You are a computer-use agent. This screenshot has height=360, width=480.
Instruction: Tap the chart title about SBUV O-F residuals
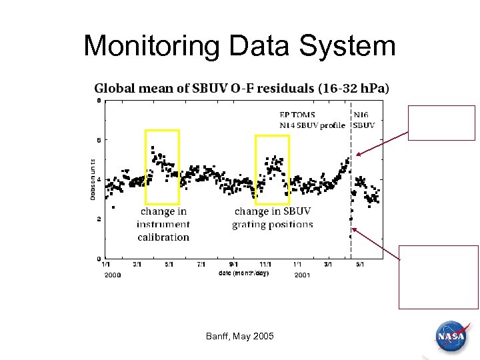tap(242, 88)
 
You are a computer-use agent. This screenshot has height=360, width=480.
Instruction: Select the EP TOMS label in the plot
tap(297, 115)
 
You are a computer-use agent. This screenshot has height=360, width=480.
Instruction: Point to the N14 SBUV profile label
tap(312, 125)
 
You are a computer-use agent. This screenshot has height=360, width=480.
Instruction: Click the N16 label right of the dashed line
tap(361, 115)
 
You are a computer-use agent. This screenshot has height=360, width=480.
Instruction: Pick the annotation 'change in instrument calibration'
tap(163, 224)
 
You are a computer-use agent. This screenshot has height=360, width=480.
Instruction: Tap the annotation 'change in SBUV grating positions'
tap(272, 218)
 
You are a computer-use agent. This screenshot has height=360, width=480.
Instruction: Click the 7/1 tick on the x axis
tap(201, 265)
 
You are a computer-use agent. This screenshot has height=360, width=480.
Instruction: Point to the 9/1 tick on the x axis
tap(233, 265)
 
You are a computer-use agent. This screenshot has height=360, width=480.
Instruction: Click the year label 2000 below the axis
tap(111, 275)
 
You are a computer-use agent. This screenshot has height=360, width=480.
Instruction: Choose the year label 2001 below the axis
tap(302, 275)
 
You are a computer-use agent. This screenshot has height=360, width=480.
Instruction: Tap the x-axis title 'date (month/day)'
tap(243, 273)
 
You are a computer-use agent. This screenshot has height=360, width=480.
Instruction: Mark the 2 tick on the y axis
tap(98, 219)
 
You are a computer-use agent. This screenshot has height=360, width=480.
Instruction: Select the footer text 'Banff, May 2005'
tap(239, 336)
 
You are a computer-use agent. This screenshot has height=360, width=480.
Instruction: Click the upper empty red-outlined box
tap(441, 123)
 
